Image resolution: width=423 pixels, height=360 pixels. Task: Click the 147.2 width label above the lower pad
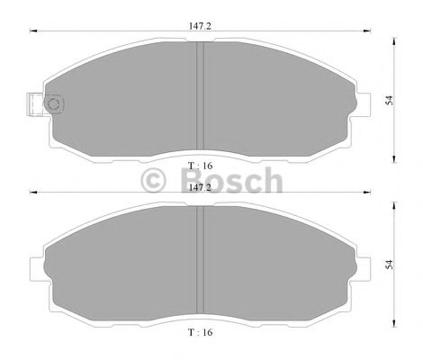(x=199, y=188)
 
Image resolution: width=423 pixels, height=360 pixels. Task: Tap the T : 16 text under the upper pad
(x=200, y=166)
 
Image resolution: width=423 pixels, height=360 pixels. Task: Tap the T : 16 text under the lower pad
(x=200, y=332)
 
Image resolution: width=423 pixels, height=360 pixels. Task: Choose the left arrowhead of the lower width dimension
(x=33, y=192)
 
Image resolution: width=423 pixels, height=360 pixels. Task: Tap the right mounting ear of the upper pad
(x=361, y=103)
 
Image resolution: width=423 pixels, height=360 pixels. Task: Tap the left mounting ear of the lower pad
(x=38, y=267)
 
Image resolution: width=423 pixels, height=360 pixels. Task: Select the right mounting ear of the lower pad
(x=361, y=267)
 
